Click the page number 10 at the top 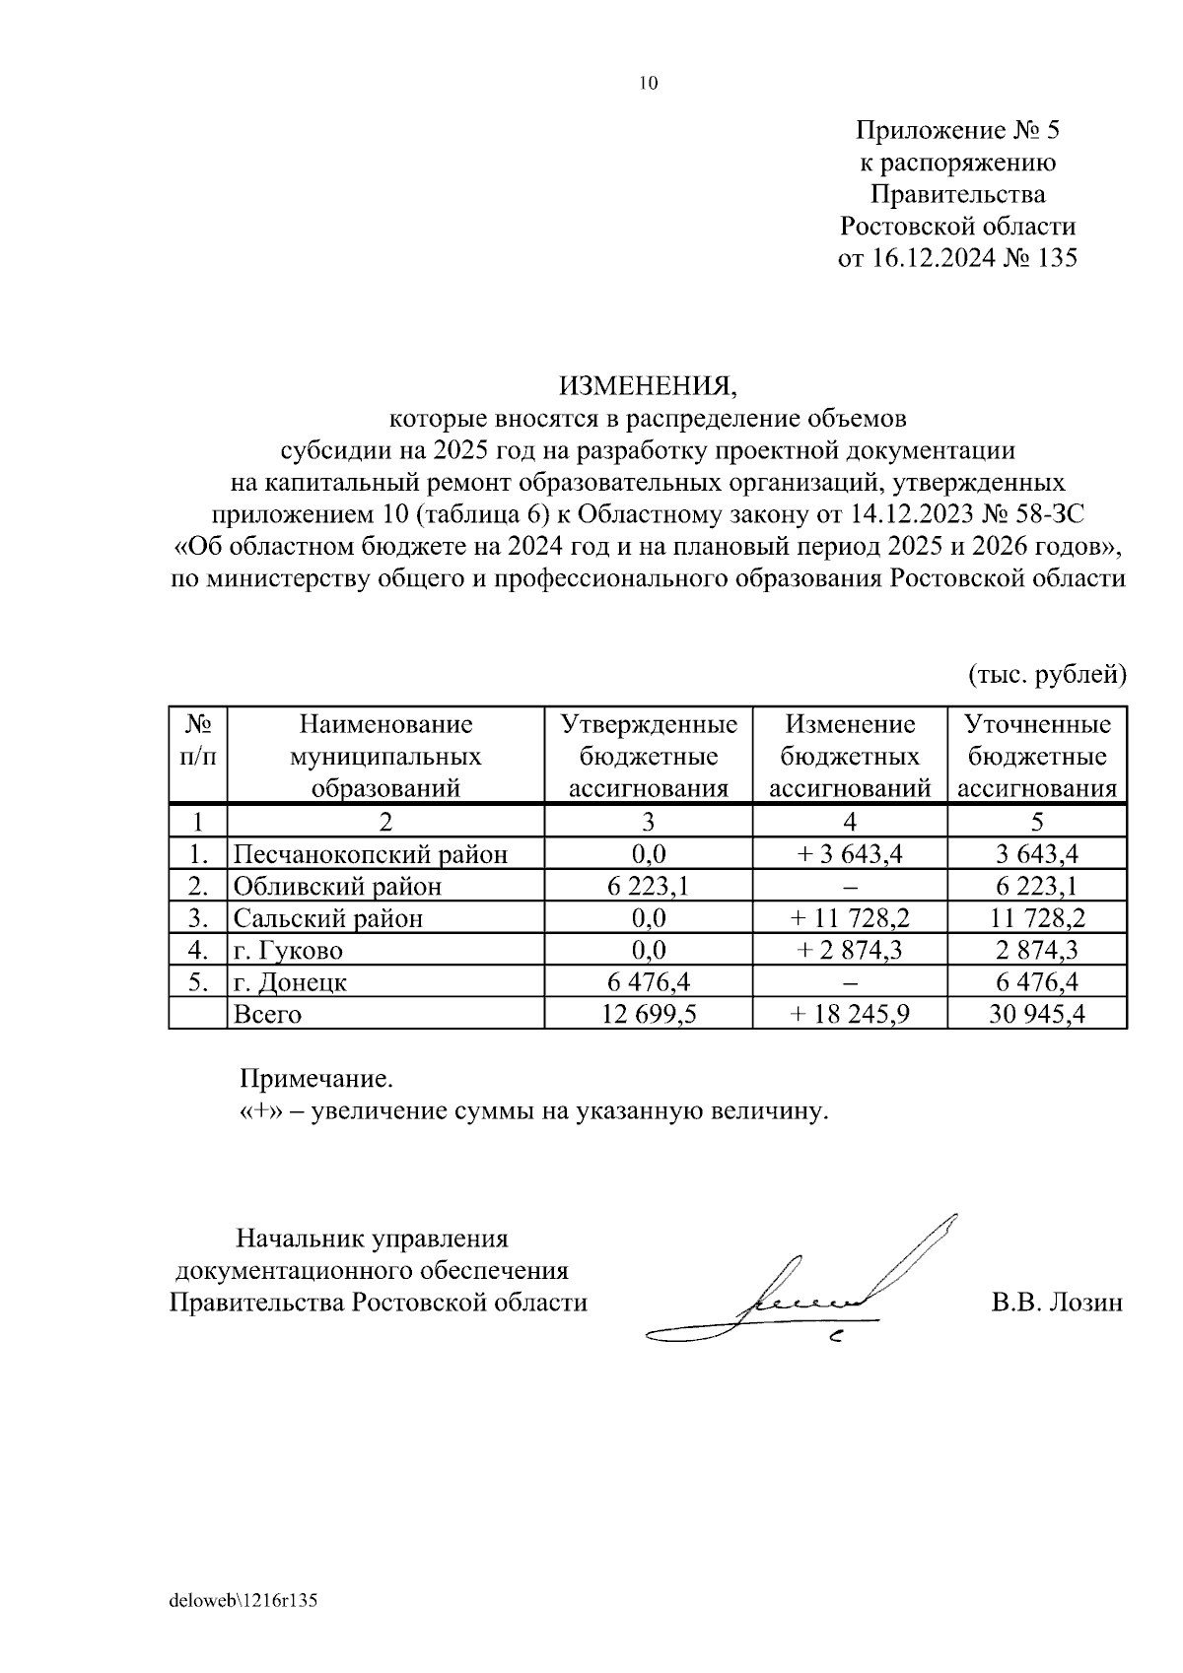(648, 83)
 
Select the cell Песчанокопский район (370, 853)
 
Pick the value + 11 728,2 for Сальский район (849, 918)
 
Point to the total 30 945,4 (1036, 1014)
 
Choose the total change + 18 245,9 (849, 1014)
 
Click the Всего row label (267, 1014)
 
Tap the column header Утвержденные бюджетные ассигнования (648, 756)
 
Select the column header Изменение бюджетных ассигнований (849, 756)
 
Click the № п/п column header (198, 740)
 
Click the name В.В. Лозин (1057, 1303)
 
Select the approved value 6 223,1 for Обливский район (648, 886)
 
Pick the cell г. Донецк (290, 982)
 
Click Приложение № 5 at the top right (956, 130)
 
